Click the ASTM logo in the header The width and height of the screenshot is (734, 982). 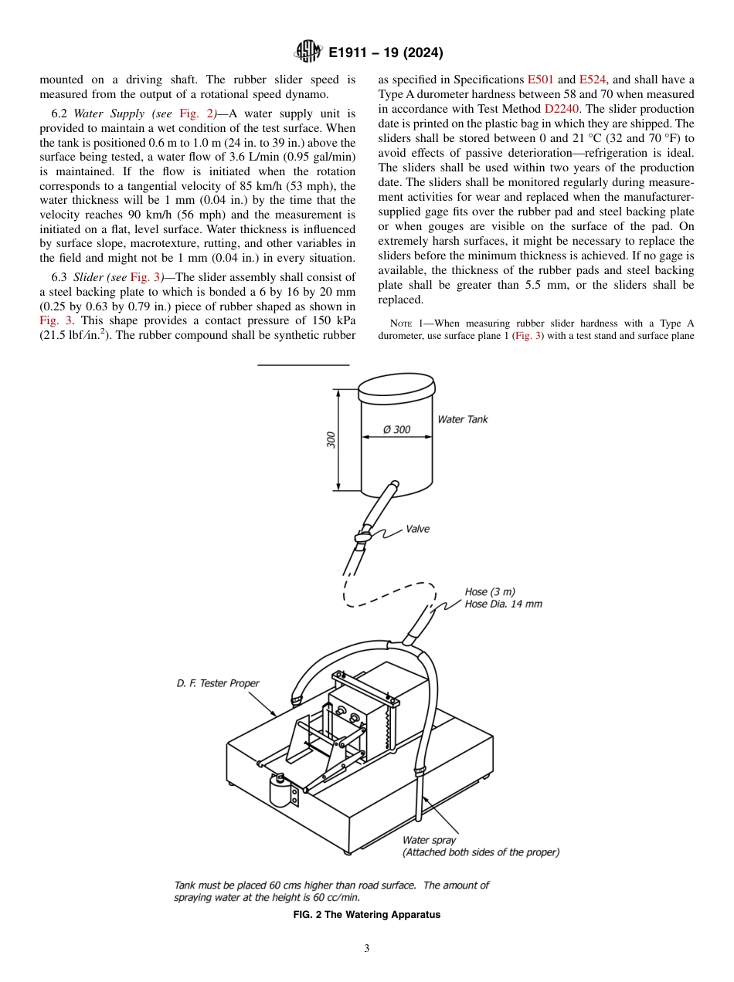309,52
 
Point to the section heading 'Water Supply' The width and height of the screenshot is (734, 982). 107,113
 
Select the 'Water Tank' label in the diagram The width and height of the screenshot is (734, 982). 463,419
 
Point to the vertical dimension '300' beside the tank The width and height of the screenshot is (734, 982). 331,440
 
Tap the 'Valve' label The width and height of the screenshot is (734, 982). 417,529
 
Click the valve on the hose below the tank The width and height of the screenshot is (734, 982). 362,536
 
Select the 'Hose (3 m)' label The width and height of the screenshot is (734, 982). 488,592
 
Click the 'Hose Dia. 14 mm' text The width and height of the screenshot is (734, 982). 503,604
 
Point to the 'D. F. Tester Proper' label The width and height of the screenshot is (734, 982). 217,683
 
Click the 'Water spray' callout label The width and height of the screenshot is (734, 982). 429,840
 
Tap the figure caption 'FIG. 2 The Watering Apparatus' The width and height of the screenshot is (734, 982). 367,915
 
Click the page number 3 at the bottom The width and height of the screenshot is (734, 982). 367,948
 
